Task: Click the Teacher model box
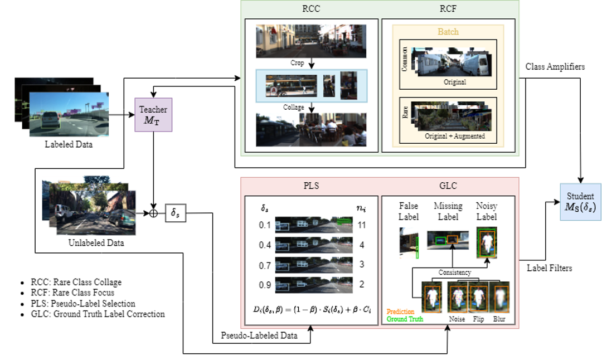pos(153,115)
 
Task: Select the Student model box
pos(580,202)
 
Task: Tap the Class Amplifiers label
pos(555,67)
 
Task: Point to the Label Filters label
pos(549,268)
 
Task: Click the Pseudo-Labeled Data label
pos(259,336)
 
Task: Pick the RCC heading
pos(311,9)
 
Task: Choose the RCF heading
pos(448,9)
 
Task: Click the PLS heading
pos(312,186)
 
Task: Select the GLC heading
pos(449,186)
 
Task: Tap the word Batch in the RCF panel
pos(448,32)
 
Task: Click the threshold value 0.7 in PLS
pos(265,265)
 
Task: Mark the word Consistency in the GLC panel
pos(454,273)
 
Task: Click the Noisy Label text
pos(487,211)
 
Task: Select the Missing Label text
pos(448,211)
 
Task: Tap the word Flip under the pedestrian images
pos(478,319)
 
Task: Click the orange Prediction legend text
pos(401,312)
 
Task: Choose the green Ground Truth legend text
pos(405,319)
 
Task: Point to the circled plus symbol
pos(153,213)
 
